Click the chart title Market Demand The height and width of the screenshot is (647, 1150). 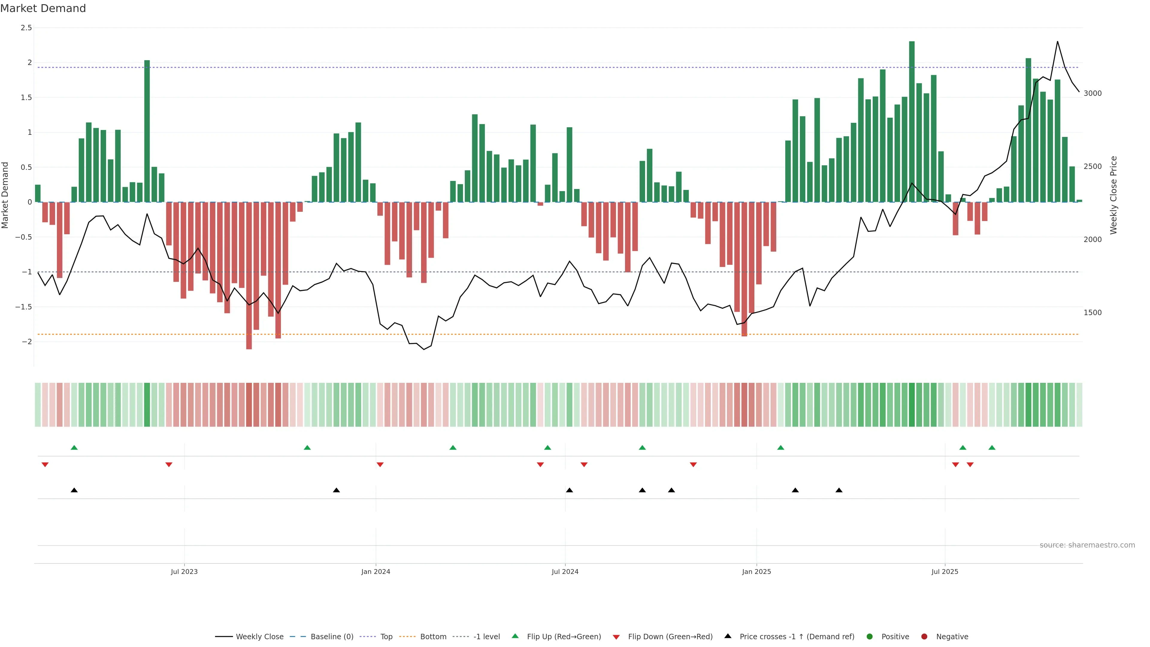coord(43,8)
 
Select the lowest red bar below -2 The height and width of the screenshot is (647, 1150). coord(249,276)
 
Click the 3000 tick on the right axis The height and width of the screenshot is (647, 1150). coord(1092,93)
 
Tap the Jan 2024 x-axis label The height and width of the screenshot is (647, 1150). coord(376,572)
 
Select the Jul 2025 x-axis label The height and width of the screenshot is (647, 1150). coord(945,572)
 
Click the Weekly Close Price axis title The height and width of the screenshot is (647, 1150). coord(1113,195)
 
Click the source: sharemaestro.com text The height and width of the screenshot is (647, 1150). coord(1087,545)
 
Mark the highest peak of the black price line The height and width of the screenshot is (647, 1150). coord(1057,42)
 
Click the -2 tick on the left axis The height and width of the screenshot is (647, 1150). coord(26,341)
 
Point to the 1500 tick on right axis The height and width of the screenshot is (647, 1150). coord(1092,312)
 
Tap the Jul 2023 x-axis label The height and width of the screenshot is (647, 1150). coord(184,572)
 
